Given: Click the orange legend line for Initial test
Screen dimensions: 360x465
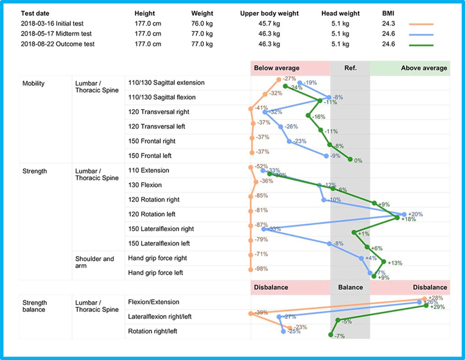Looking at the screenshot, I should pyautogui.click(x=421, y=24).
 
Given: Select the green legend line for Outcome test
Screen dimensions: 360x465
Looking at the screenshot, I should pyautogui.click(x=421, y=44).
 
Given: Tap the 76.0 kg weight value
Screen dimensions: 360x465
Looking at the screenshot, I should pyautogui.click(x=203, y=24).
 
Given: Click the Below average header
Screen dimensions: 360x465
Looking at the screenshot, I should pyautogui.click(x=277, y=68).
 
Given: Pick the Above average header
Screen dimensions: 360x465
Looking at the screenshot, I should pyautogui.click(x=424, y=68).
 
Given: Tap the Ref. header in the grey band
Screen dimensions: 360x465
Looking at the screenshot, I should pyautogui.click(x=350, y=68).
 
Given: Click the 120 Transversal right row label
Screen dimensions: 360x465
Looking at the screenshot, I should pyautogui.click(x=159, y=112).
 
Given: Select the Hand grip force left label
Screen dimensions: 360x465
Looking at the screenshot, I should pyautogui.click(x=156, y=272).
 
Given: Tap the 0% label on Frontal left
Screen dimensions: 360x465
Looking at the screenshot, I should pyautogui.click(x=358, y=161).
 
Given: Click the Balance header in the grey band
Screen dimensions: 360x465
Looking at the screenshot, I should pyautogui.click(x=350, y=287).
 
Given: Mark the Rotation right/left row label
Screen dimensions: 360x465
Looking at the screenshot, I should pyautogui.click(x=152, y=332).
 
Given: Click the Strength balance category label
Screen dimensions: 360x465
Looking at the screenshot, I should pyautogui.click(x=35, y=306).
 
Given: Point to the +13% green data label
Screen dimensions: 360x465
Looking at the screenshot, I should pyautogui.click(x=395, y=262).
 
